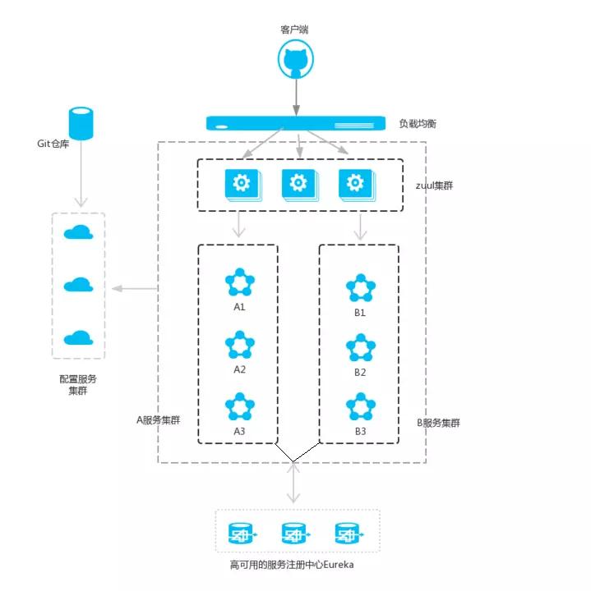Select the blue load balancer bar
(x=295, y=123)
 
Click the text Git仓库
(x=56, y=143)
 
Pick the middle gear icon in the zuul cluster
(x=298, y=185)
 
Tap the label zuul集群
(x=434, y=186)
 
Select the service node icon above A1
(x=240, y=282)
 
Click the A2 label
(x=240, y=369)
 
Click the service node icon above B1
(x=360, y=288)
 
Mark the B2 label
(x=360, y=372)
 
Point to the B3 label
(x=360, y=432)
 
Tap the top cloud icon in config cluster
(x=78, y=232)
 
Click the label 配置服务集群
(x=78, y=385)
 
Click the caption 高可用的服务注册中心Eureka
(x=294, y=566)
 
